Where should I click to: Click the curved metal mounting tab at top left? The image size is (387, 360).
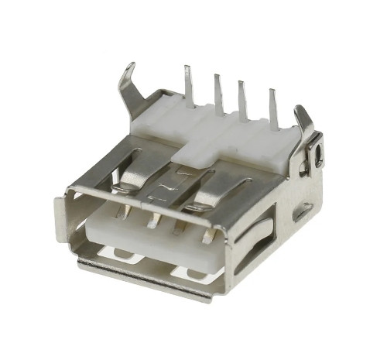point(126,85)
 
